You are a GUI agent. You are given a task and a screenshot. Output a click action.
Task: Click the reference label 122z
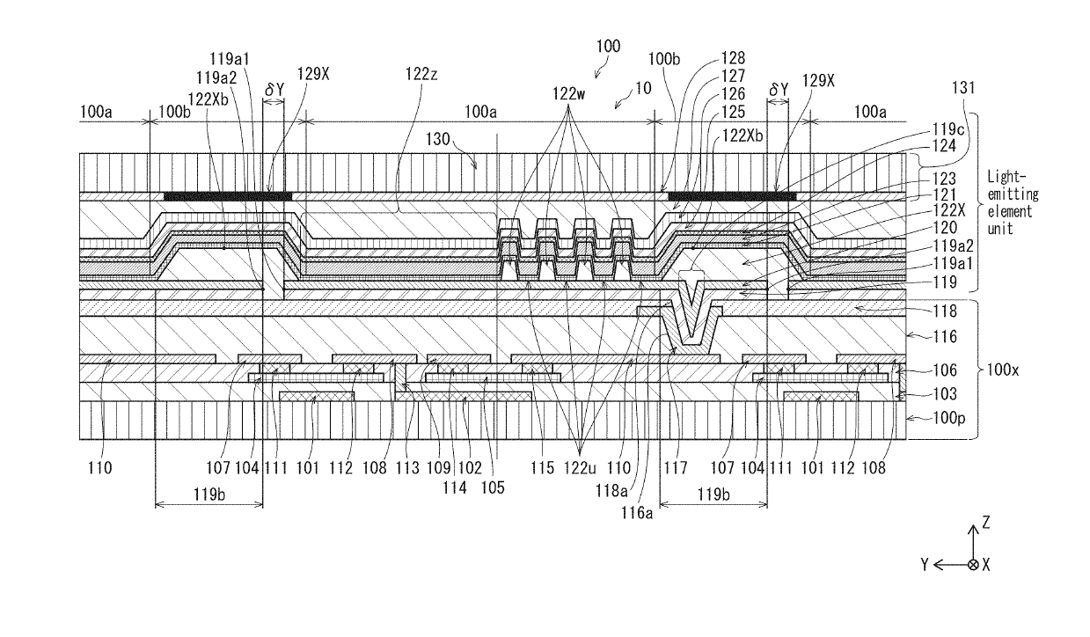coord(421,74)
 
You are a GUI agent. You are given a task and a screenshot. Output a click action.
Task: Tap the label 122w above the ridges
coord(568,93)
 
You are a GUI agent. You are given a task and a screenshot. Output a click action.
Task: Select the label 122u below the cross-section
coord(580,468)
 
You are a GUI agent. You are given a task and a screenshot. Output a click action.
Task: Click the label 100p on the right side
coord(949,418)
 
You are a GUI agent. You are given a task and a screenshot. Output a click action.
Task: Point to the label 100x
coord(1002,370)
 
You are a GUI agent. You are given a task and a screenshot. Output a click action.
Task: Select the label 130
coord(437,139)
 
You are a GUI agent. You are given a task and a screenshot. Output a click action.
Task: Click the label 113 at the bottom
coord(407,468)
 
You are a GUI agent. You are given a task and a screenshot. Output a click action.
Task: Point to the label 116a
coord(636,512)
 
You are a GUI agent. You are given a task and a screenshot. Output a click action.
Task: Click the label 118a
coord(611,491)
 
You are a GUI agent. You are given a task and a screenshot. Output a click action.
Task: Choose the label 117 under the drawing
coord(676,468)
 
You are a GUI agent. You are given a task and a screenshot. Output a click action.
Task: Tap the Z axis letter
coord(986,523)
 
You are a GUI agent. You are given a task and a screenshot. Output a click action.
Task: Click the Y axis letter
coord(925,565)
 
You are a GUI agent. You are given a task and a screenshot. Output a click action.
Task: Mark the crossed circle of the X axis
coord(973,565)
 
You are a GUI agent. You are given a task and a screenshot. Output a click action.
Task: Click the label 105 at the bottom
coord(493,487)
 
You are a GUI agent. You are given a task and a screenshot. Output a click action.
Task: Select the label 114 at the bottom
coord(455,487)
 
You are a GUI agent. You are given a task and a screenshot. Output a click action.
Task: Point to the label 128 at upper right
coord(734,58)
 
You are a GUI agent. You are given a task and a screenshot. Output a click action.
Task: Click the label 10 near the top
coord(643,88)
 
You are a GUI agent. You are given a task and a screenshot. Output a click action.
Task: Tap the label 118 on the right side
coord(945,311)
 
